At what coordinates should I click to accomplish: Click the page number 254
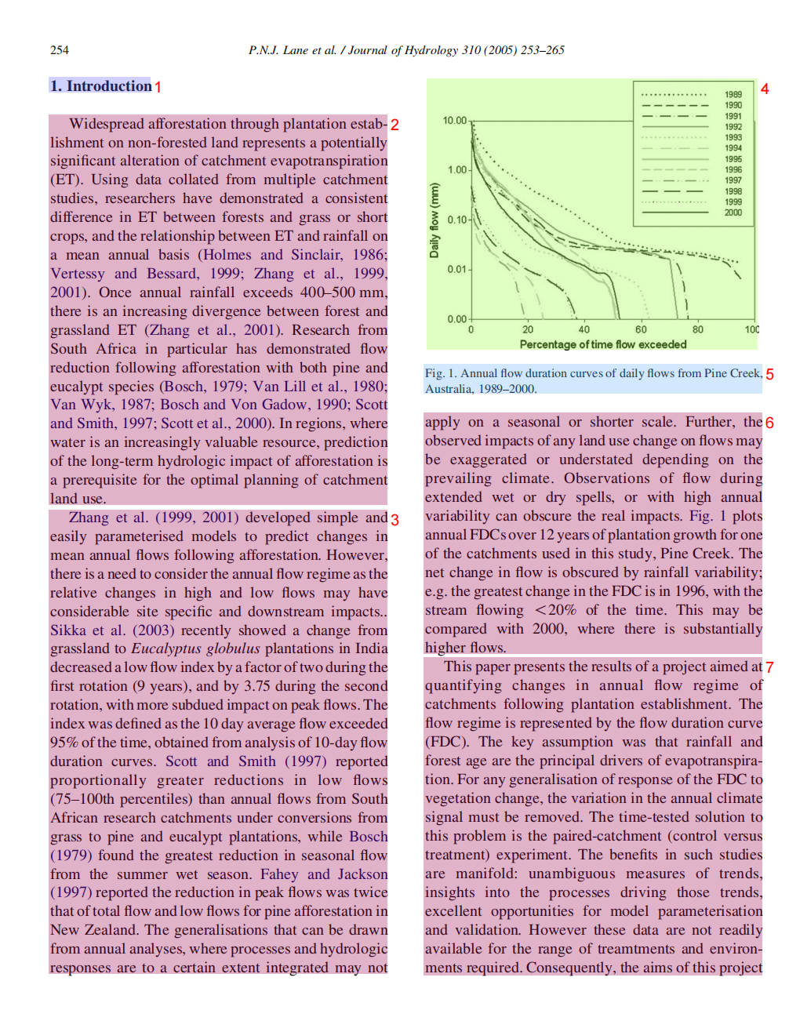[x=60, y=50]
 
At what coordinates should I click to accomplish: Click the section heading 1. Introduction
[x=100, y=86]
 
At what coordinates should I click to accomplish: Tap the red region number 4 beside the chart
[x=765, y=89]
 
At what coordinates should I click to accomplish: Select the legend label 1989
[x=733, y=95]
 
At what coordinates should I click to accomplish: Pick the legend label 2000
[x=733, y=213]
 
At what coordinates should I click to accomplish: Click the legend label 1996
[x=733, y=169]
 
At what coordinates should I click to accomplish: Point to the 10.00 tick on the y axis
[x=454, y=121]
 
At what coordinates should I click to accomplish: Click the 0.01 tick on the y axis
[x=456, y=270]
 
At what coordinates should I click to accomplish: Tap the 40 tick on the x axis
[x=584, y=330]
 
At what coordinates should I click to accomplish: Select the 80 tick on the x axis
[x=697, y=330]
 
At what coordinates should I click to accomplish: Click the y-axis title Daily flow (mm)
[x=434, y=220]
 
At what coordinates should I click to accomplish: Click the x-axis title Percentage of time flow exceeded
[x=602, y=344]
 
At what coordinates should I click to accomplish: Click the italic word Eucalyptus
[x=167, y=649]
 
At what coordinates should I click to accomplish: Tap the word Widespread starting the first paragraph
[x=106, y=124]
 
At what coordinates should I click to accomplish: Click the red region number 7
[x=770, y=667]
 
